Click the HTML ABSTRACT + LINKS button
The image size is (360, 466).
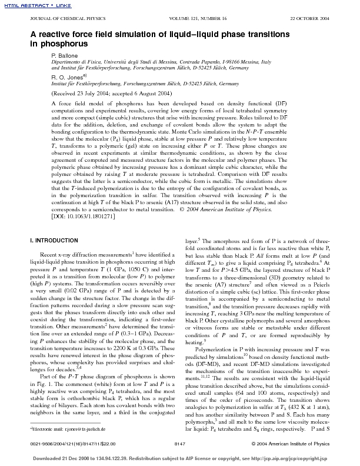tap(25, 5)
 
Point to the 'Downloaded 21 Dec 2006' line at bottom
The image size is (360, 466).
tap(180, 457)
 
